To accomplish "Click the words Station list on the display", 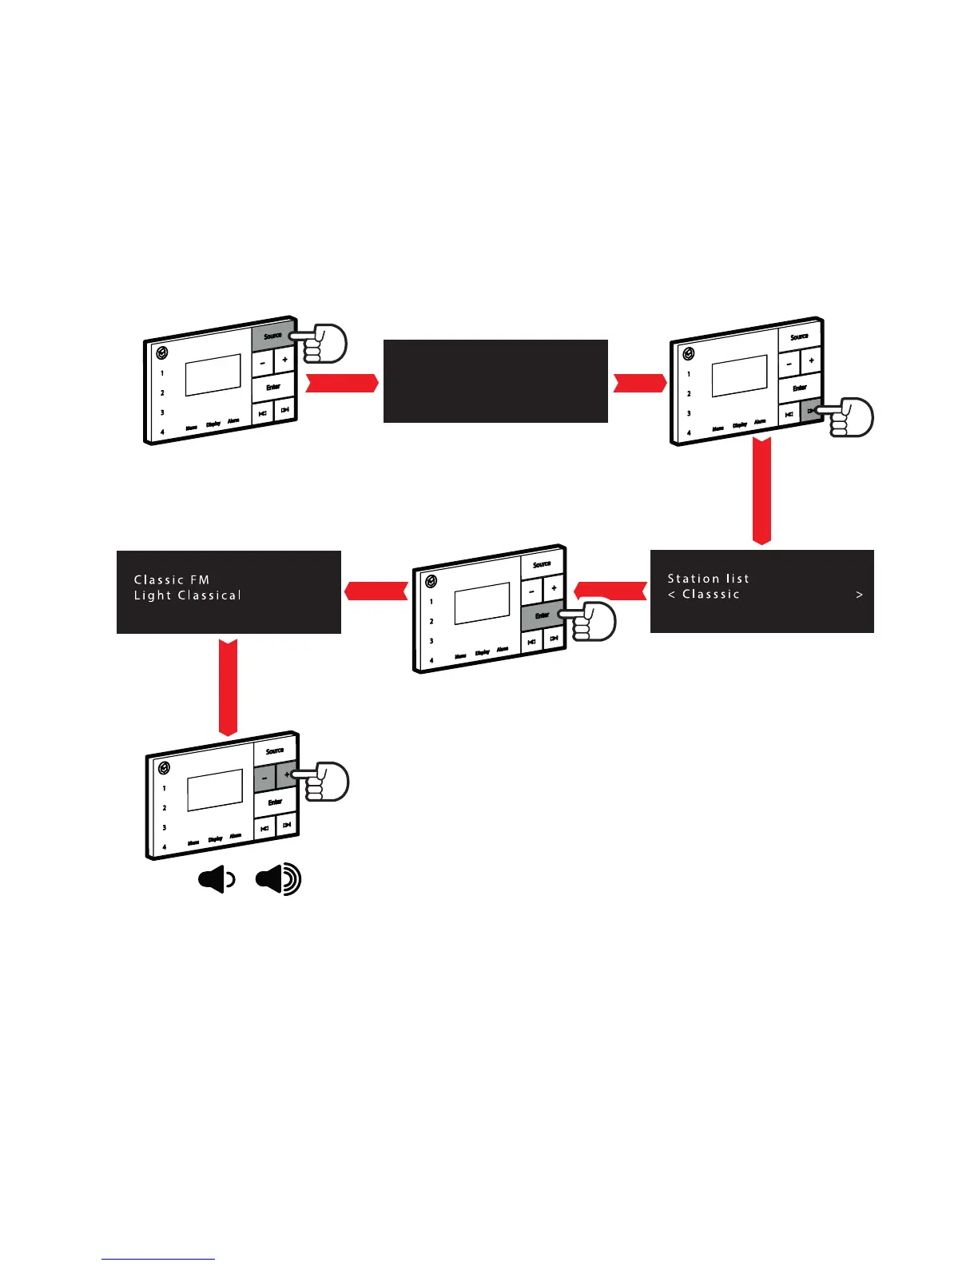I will tap(708, 579).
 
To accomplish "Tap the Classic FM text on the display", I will tap(172, 580).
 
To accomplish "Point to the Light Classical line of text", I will tap(188, 595).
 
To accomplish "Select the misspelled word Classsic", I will tap(710, 595).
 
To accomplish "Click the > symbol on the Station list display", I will tap(859, 595).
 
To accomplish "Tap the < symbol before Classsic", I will tap(672, 595).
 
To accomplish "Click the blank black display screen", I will tap(495, 380).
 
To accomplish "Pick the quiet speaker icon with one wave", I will tap(217, 881).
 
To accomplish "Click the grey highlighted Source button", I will tap(272, 337).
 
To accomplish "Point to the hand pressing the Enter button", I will tap(594, 621).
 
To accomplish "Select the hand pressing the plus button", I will tap(328, 782).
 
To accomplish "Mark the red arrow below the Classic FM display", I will tap(229, 685).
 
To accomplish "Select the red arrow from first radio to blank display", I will tap(342, 384).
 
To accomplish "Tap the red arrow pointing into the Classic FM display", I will tap(376, 591).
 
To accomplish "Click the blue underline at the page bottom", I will tap(158, 1259).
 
